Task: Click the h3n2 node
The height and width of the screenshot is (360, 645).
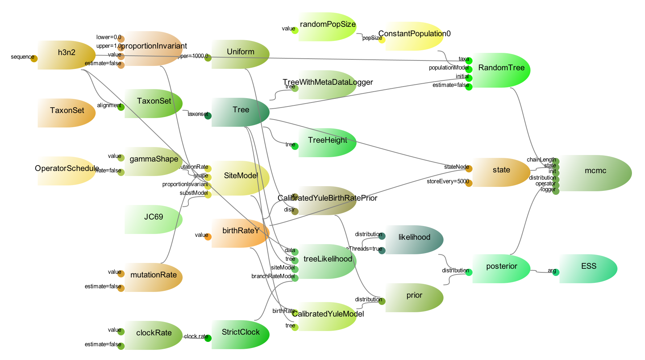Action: (67, 55)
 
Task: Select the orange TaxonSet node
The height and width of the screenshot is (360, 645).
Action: (67, 113)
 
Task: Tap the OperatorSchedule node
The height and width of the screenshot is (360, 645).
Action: (67, 171)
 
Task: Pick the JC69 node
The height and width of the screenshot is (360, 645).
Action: (154, 219)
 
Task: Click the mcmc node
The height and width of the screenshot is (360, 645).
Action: (595, 173)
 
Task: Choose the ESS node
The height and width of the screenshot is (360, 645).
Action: (588, 268)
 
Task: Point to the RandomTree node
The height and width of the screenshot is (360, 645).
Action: (501, 70)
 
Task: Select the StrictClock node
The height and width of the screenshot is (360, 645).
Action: (241, 334)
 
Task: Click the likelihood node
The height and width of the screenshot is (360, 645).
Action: (414, 239)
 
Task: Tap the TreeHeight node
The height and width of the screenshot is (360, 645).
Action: (328, 142)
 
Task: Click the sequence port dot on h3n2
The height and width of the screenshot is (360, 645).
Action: (34, 59)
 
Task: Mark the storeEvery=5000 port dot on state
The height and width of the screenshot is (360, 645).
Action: (469, 183)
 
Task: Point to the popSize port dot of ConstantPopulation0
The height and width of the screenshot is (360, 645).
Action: (382, 40)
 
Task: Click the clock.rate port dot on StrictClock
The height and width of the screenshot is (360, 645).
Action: (208, 338)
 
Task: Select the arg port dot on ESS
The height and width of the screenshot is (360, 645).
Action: (556, 272)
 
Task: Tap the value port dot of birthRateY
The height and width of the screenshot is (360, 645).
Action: (208, 237)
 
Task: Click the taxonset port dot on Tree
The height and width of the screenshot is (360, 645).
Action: (208, 116)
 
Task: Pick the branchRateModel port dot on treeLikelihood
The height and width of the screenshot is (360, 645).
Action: (295, 278)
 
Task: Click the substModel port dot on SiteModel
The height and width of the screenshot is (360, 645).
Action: (208, 195)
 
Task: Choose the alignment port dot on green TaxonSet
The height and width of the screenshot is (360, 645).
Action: (121, 107)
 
